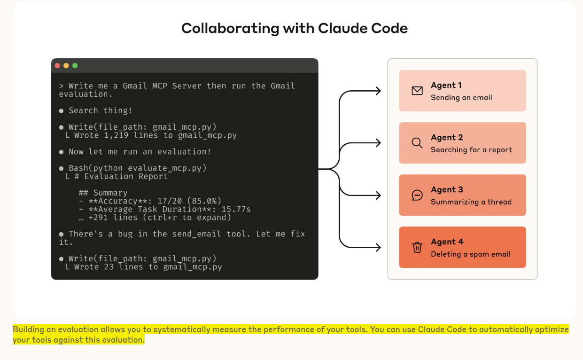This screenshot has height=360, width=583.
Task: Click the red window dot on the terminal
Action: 57,66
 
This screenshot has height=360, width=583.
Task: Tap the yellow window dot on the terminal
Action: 66,66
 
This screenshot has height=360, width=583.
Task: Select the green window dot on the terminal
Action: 75,66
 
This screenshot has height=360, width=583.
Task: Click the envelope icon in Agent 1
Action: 417,91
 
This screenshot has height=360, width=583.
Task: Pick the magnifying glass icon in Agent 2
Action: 417,143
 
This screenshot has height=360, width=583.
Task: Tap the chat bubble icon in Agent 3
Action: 417,195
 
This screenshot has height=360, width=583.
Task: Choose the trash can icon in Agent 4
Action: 417,247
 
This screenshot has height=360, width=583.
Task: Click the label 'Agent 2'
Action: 447,137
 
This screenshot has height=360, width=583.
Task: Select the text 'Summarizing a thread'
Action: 471,202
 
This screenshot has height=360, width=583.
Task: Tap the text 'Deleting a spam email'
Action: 470,254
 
